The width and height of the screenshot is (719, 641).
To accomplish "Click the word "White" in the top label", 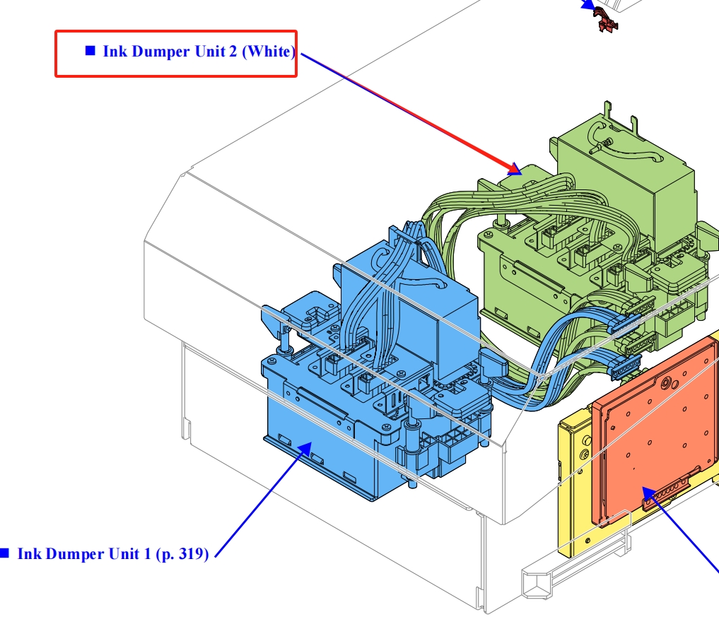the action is point(268,51).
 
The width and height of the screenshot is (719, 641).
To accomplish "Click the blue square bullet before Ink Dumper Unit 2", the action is point(90,50).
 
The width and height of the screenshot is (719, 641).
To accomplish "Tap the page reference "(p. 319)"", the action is point(182,554).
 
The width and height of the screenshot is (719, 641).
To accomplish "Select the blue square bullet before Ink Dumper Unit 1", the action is point(4,553).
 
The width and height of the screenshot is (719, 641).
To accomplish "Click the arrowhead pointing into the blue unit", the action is point(305,449).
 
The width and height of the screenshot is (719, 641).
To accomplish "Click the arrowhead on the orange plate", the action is point(648,493).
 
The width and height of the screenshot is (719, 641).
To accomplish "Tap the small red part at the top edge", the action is point(605,19).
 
